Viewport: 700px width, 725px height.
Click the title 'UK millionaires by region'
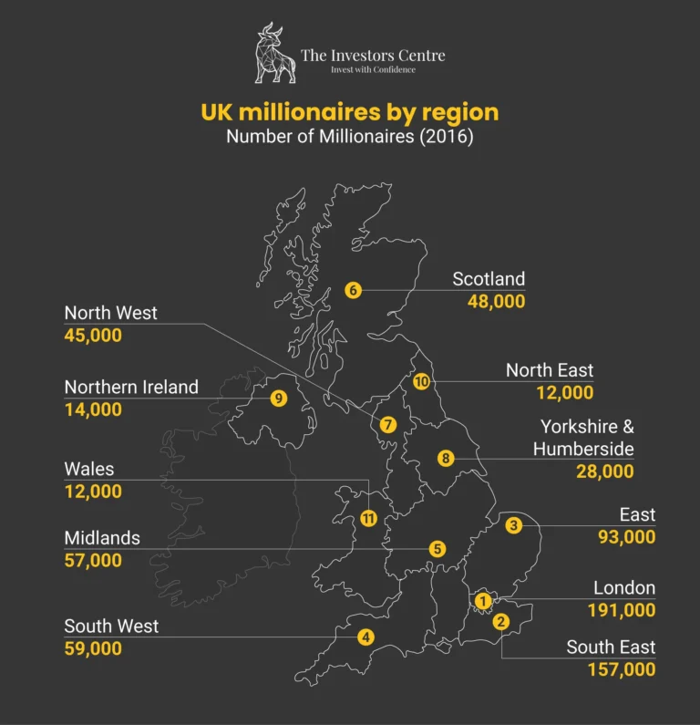[350, 112]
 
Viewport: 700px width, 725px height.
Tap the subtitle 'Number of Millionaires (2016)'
[350, 138]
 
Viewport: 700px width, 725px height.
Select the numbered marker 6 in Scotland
[353, 290]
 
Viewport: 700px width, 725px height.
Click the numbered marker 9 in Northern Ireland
[279, 398]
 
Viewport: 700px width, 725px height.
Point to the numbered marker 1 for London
[482, 600]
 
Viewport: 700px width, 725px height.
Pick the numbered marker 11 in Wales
[368, 518]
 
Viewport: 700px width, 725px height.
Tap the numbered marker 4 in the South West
[365, 637]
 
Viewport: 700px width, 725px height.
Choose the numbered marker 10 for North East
[421, 381]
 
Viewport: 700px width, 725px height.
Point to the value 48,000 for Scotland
[496, 301]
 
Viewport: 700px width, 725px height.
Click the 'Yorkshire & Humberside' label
[584, 438]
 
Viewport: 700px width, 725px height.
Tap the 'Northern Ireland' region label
[131, 387]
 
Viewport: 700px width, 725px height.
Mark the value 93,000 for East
[626, 537]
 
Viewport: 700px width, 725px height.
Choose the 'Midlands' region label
[102, 538]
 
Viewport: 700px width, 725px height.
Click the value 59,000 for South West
[93, 648]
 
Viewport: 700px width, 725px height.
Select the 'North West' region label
[110, 313]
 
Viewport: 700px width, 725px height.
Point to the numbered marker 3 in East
[514, 524]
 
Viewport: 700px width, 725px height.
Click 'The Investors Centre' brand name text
[373, 56]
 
